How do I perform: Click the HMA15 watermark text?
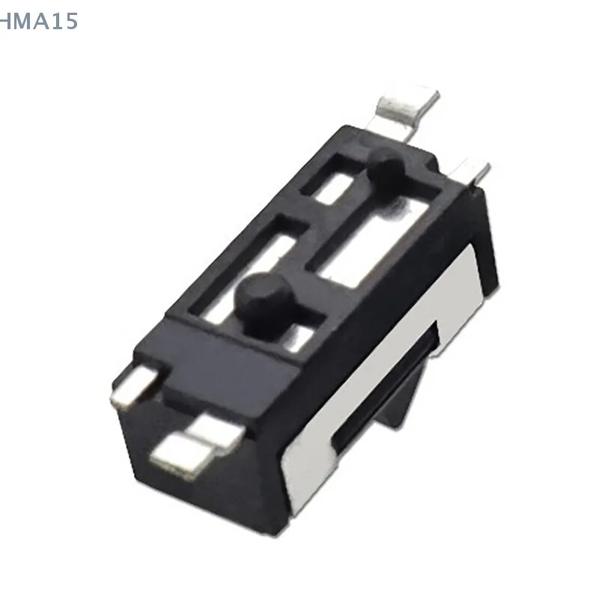[38, 21]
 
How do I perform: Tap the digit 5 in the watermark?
[70, 22]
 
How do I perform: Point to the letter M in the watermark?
[22, 22]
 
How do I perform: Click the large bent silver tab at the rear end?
[407, 111]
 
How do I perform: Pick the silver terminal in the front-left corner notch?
[136, 384]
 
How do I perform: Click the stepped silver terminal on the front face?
[197, 445]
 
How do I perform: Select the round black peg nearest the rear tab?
[386, 171]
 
